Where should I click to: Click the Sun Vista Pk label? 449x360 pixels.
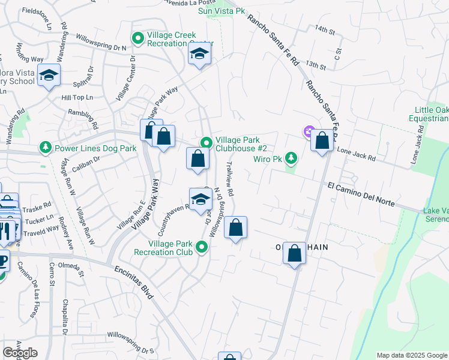[x=223, y=11]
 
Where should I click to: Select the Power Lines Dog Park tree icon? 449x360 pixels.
[x=45, y=147]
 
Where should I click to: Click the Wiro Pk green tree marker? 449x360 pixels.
[x=291, y=158]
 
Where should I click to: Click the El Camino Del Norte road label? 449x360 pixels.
[x=362, y=194]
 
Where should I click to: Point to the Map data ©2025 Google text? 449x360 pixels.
[x=411, y=355]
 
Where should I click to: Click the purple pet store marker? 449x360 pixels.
[x=309, y=131]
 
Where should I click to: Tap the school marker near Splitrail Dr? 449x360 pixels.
[x=49, y=76]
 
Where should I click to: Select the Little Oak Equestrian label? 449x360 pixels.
[x=431, y=114]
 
